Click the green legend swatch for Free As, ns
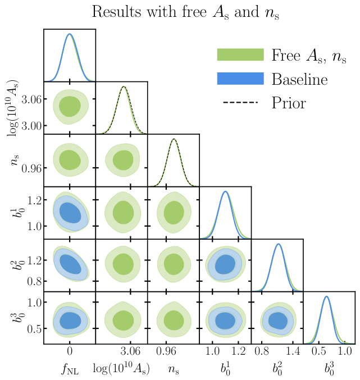pos(240,54)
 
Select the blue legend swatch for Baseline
pos(240,79)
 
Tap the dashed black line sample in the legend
pos(240,103)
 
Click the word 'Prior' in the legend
pos(289,103)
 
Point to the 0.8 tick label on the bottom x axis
pos(262,352)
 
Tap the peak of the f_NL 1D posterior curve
pos(70,34)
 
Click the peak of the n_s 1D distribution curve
pos(174,139)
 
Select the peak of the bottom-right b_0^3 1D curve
pos(326,296)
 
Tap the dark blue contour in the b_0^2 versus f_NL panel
pos(70,264)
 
